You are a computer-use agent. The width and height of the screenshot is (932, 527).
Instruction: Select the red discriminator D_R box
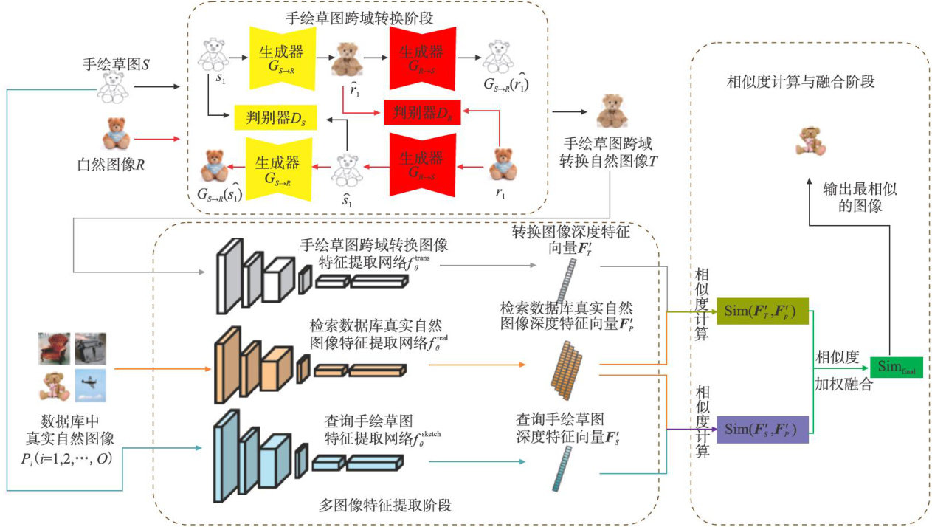tap(422, 112)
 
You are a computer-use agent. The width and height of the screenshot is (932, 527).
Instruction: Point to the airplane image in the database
tap(91, 384)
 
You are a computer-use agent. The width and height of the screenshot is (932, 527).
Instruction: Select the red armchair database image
tap(55, 348)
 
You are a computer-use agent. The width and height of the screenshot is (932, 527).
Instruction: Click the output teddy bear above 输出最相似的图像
tap(808, 139)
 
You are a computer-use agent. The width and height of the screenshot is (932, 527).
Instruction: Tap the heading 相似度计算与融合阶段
tap(801, 82)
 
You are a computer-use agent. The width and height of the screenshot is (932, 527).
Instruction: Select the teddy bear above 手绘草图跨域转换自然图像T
tap(610, 112)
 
